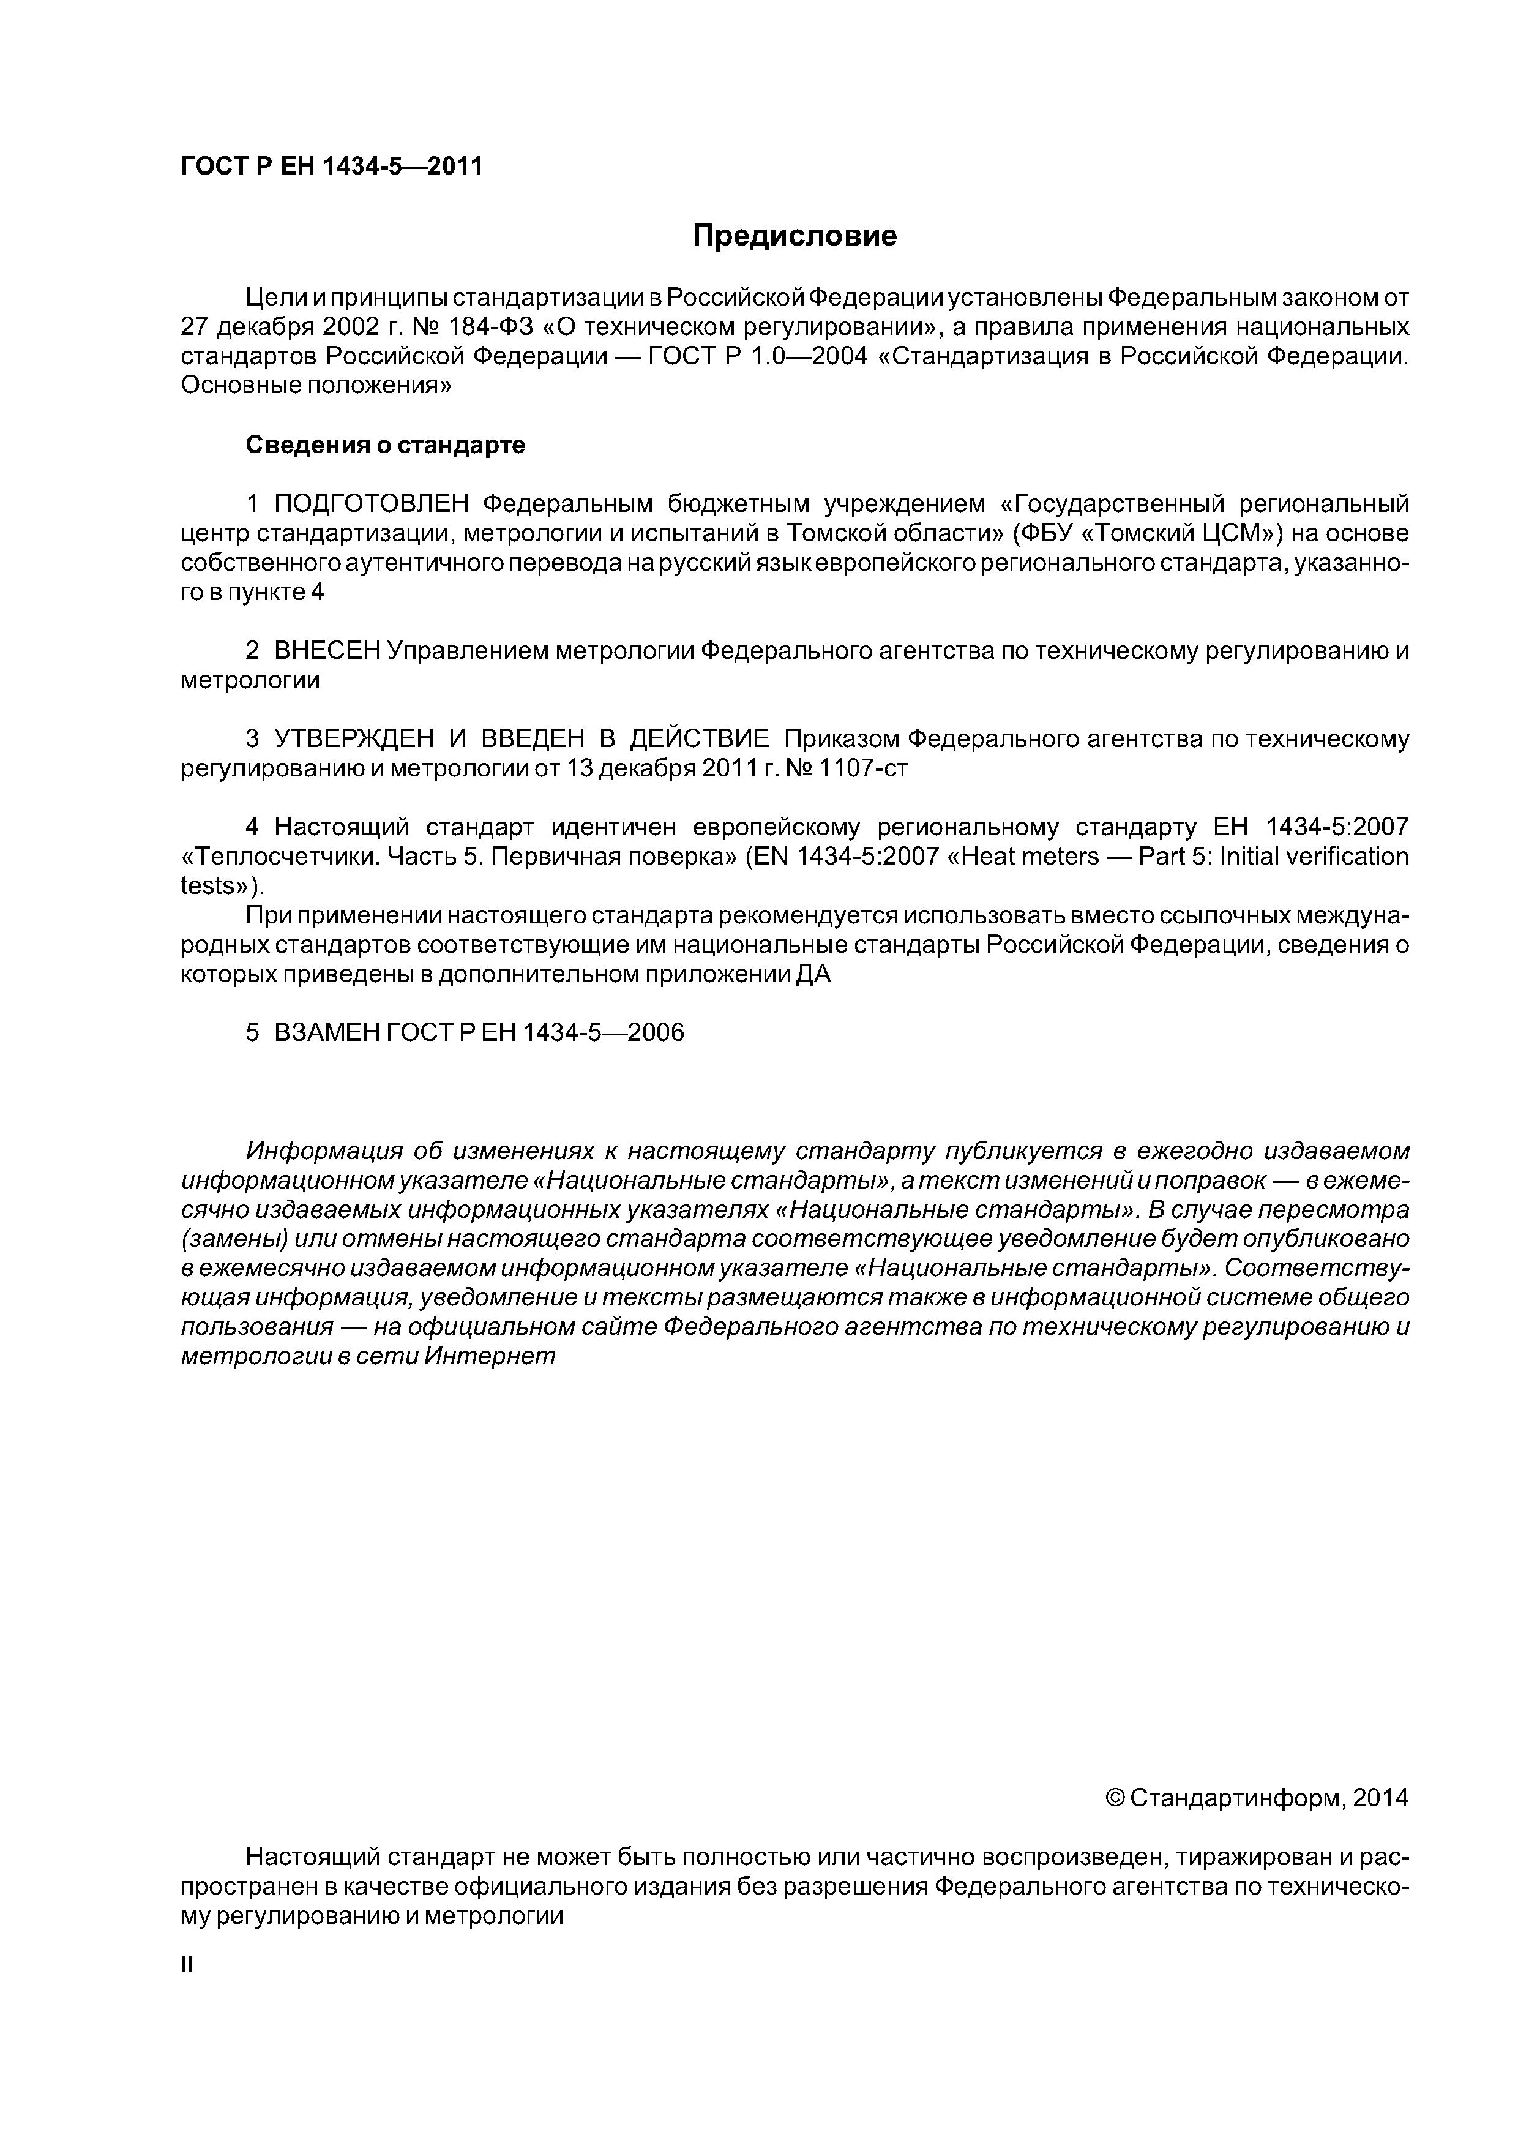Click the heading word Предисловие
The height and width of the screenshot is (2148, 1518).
point(794,236)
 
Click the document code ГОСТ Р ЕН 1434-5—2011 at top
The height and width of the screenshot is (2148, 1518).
point(331,167)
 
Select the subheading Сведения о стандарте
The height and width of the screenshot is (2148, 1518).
point(386,445)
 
